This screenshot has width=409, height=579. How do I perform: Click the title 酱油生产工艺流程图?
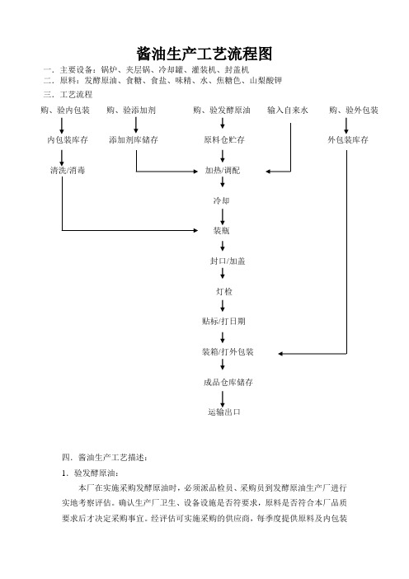pos(204,54)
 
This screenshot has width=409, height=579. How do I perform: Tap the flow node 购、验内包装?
pos(65,110)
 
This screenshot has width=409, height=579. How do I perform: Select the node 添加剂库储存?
pos(134,140)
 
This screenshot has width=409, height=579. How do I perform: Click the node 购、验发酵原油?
pos(222,110)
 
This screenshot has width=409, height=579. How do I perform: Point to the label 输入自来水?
pos(288,110)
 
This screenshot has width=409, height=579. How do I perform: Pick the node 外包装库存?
pos(348,140)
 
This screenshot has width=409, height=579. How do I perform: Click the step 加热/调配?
pos(222,170)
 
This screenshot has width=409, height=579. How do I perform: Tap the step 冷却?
pos(221,200)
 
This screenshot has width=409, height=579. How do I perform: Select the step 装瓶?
pos(221,231)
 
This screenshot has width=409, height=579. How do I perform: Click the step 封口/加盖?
pos(228,261)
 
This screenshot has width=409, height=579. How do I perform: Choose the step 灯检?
pos(224,291)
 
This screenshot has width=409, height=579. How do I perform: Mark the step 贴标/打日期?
pos(223,322)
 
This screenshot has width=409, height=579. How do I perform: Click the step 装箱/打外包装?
pos(228,352)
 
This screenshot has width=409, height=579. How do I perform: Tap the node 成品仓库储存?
pos(228,382)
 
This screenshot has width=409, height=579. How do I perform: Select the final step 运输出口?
pos(224,412)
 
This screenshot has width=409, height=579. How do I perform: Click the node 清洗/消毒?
pos(68,170)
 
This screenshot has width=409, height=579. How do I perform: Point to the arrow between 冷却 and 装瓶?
pos(223,217)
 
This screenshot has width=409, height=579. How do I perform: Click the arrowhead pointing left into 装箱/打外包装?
pos(280,354)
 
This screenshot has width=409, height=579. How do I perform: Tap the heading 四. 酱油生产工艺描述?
pos(105,458)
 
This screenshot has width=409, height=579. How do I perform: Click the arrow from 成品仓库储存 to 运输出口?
pos(223,399)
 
